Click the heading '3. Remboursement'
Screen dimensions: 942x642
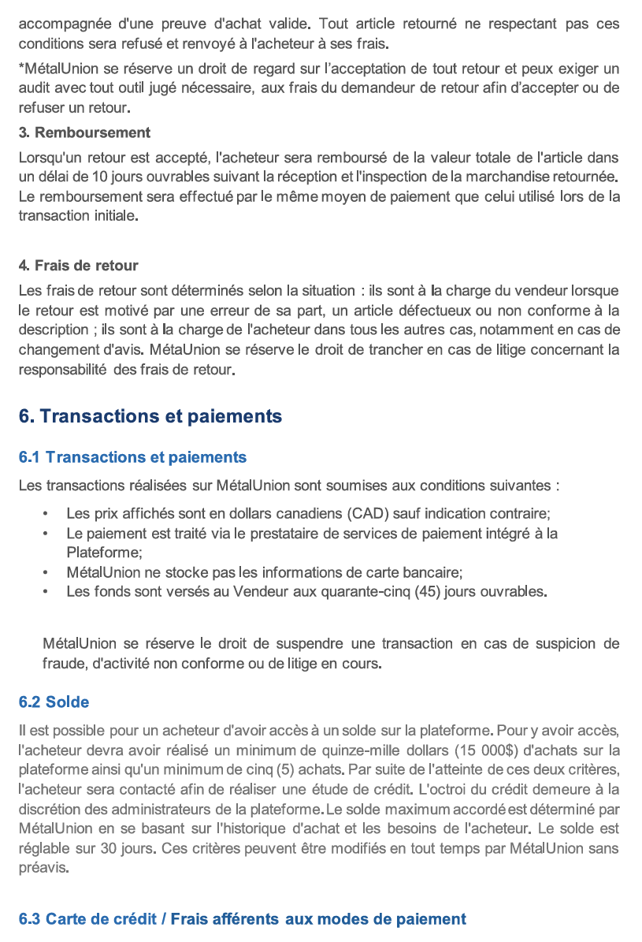(84, 132)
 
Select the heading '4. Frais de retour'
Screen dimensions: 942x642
(79, 266)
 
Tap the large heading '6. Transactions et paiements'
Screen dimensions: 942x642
(150, 415)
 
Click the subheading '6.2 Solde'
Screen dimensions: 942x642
(54, 702)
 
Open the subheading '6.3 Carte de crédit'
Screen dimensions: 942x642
(242, 918)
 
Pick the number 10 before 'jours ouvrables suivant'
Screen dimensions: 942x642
(101, 176)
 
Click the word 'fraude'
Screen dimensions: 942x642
(64, 664)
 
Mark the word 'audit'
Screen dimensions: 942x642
(35, 87)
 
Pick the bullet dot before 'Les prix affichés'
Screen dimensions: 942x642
(48, 513)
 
